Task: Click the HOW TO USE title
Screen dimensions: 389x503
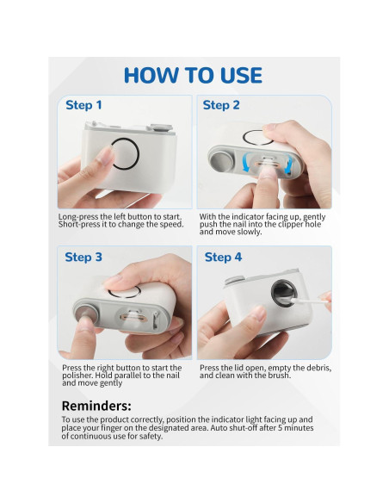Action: (193, 75)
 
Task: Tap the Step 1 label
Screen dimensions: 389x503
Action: (83, 105)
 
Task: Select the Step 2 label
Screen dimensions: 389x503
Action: (221, 105)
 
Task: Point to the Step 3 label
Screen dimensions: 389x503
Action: (83, 257)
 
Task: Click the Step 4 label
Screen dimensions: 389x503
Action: (223, 257)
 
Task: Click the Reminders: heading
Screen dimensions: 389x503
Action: (96, 406)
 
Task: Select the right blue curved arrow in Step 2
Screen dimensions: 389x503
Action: (288, 164)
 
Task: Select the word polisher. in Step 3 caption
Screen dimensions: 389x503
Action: (77, 376)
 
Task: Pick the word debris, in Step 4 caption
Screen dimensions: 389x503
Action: (318, 368)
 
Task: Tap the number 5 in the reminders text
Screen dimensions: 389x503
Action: (280, 428)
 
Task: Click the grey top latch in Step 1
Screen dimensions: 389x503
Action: (159, 128)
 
